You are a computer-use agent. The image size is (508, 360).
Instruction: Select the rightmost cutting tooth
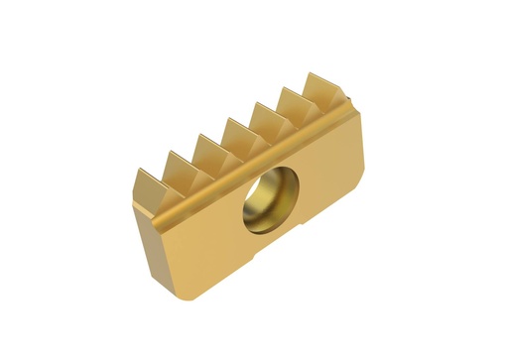(323, 90)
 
